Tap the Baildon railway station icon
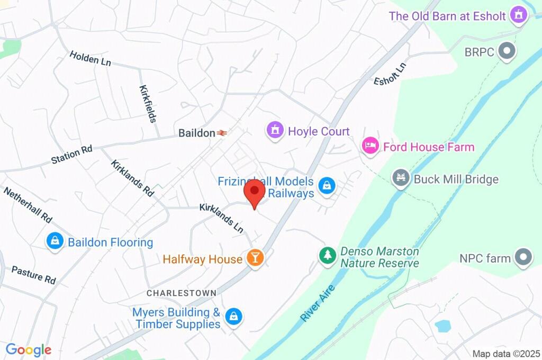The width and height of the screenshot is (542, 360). click(x=222, y=133)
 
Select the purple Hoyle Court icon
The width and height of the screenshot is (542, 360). click(x=275, y=130)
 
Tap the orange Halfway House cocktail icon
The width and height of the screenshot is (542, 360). click(x=255, y=258)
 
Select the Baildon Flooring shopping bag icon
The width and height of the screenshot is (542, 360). click(x=55, y=242)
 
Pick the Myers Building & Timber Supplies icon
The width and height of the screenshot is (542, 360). click(x=232, y=317)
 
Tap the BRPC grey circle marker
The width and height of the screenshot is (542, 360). click(x=508, y=52)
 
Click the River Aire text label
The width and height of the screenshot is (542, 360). click(x=318, y=303)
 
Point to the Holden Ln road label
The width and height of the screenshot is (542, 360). click(x=91, y=58)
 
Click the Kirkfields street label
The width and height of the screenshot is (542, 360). click(x=149, y=104)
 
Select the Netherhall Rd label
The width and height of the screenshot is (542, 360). click(x=29, y=204)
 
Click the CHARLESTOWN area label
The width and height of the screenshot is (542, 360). click(x=182, y=293)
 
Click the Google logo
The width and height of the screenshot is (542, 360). click(x=29, y=349)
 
